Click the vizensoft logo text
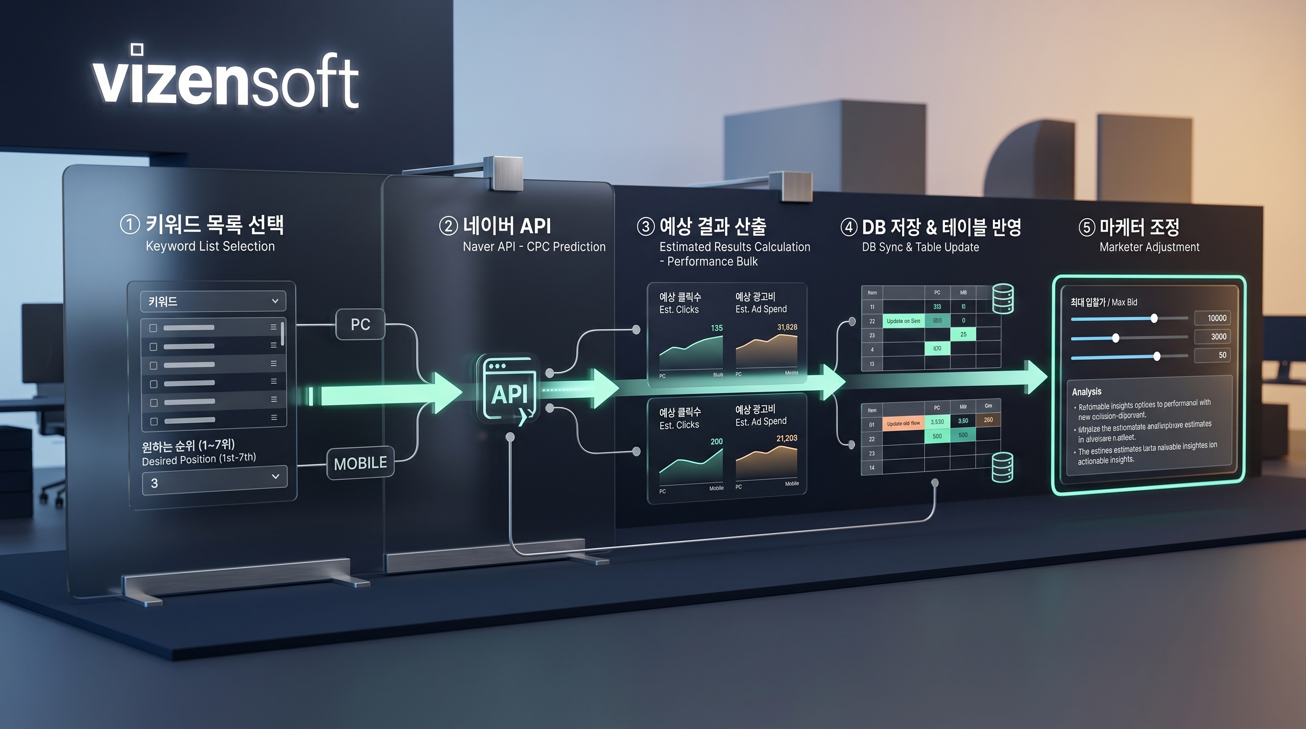[x=225, y=81]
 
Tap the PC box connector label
[x=361, y=325]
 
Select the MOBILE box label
[x=361, y=463]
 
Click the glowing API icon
[x=509, y=390]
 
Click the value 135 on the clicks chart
[x=717, y=328]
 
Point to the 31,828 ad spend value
[x=787, y=327]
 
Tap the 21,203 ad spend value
[x=786, y=438]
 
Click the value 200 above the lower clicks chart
[x=717, y=441]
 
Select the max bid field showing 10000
[x=1216, y=318]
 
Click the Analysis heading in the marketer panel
[x=1086, y=392]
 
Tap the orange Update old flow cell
[x=903, y=423]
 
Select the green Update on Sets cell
[x=904, y=321]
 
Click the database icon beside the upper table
[x=1003, y=299]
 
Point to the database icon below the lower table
[x=1002, y=467]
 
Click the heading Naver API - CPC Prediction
[x=534, y=247]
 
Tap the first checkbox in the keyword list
[x=153, y=328]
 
